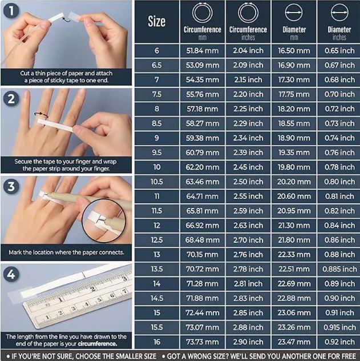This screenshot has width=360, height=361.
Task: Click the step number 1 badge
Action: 11,11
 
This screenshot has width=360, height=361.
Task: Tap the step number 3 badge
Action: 11,186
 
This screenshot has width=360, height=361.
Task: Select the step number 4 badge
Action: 11,274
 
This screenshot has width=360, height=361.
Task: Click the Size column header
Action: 156,21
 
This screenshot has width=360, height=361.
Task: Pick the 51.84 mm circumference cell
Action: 203,51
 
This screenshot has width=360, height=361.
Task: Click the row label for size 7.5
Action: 156,94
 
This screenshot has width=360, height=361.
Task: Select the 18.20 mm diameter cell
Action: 294,109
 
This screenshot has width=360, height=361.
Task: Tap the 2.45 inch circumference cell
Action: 248,167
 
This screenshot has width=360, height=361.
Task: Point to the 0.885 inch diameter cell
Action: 339,269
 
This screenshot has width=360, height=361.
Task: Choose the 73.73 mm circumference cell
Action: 203,342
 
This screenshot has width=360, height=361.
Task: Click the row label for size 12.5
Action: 156,240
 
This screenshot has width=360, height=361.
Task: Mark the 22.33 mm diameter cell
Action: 294,255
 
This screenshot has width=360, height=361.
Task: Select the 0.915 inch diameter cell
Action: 339,327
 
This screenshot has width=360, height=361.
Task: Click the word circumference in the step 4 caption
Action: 98,344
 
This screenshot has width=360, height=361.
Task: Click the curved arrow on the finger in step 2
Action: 41,114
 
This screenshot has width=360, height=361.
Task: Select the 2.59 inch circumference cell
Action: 248,211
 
